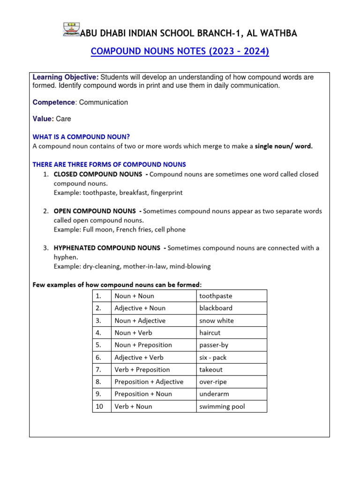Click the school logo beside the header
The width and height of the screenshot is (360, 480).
(x=71, y=29)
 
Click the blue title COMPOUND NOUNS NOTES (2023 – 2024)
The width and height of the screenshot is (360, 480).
(x=180, y=52)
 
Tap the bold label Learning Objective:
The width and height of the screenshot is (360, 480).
(x=65, y=77)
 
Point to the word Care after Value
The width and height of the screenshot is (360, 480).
(x=63, y=119)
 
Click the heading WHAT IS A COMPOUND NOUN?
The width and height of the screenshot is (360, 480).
(x=81, y=137)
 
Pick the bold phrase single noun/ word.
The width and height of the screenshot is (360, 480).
(x=284, y=146)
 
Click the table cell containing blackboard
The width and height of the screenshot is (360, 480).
(x=216, y=308)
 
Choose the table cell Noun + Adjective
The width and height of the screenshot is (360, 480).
(x=140, y=321)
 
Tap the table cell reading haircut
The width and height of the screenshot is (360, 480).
(x=210, y=333)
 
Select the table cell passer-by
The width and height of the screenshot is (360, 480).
(x=213, y=345)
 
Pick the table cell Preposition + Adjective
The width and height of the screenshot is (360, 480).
(x=149, y=382)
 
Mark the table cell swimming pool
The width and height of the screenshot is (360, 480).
(x=222, y=406)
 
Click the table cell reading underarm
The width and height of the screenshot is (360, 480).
(x=214, y=394)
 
